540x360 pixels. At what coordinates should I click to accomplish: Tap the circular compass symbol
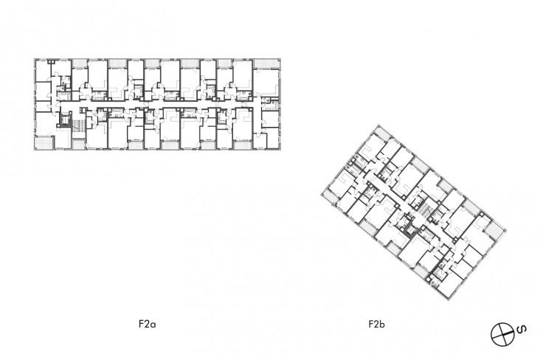(x=503, y=333)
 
